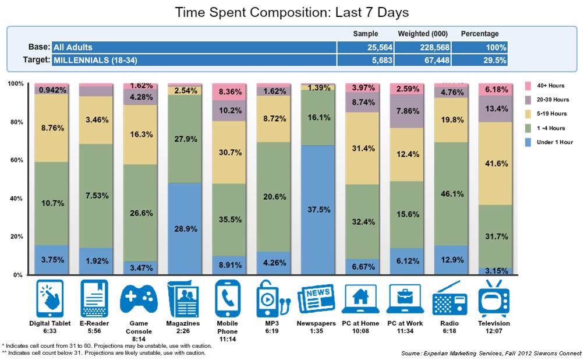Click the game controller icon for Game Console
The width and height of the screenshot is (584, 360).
click(139, 299)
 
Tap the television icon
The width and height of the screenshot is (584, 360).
click(494, 298)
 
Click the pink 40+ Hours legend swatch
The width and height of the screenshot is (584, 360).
click(528, 86)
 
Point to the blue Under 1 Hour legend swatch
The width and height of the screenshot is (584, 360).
click(528, 142)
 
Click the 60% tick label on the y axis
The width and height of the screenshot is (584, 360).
click(17, 160)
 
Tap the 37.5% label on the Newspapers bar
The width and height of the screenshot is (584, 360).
click(319, 210)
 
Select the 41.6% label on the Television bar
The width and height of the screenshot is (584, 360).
click(497, 164)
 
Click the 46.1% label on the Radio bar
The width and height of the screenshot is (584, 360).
click(452, 194)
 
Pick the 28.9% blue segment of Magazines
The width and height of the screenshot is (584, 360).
click(185, 228)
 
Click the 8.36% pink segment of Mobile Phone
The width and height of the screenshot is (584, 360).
click(229, 92)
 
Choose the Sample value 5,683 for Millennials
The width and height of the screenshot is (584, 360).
click(382, 61)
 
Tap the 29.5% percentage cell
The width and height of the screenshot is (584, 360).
click(494, 61)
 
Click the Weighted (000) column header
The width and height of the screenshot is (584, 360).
click(423, 34)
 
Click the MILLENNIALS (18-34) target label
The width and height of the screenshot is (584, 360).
click(95, 60)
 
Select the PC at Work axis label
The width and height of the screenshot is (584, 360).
click(405, 323)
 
